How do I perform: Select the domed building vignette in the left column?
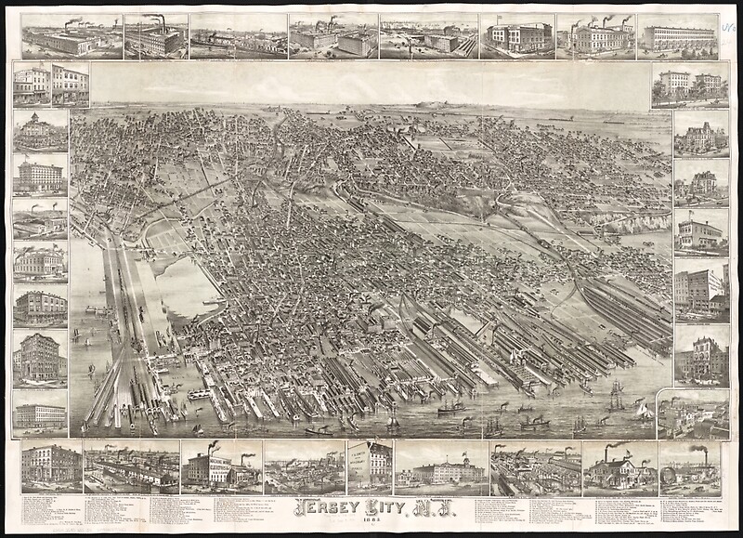point(40,130)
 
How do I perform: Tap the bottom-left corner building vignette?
point(50,467)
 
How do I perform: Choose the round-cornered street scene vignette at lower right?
point(693,414)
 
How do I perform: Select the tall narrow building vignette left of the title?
point(369,466)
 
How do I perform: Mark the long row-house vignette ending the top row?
point(677,36)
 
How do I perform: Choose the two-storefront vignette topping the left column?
point(52,84)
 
